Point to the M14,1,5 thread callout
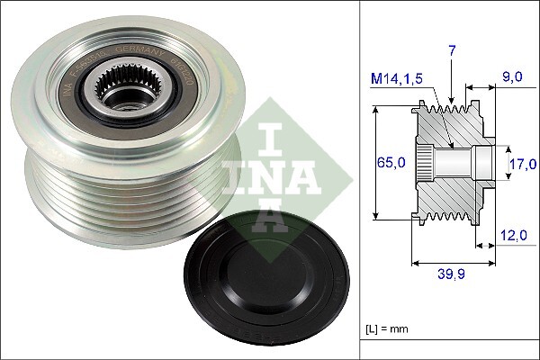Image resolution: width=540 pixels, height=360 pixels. point(395,78)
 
